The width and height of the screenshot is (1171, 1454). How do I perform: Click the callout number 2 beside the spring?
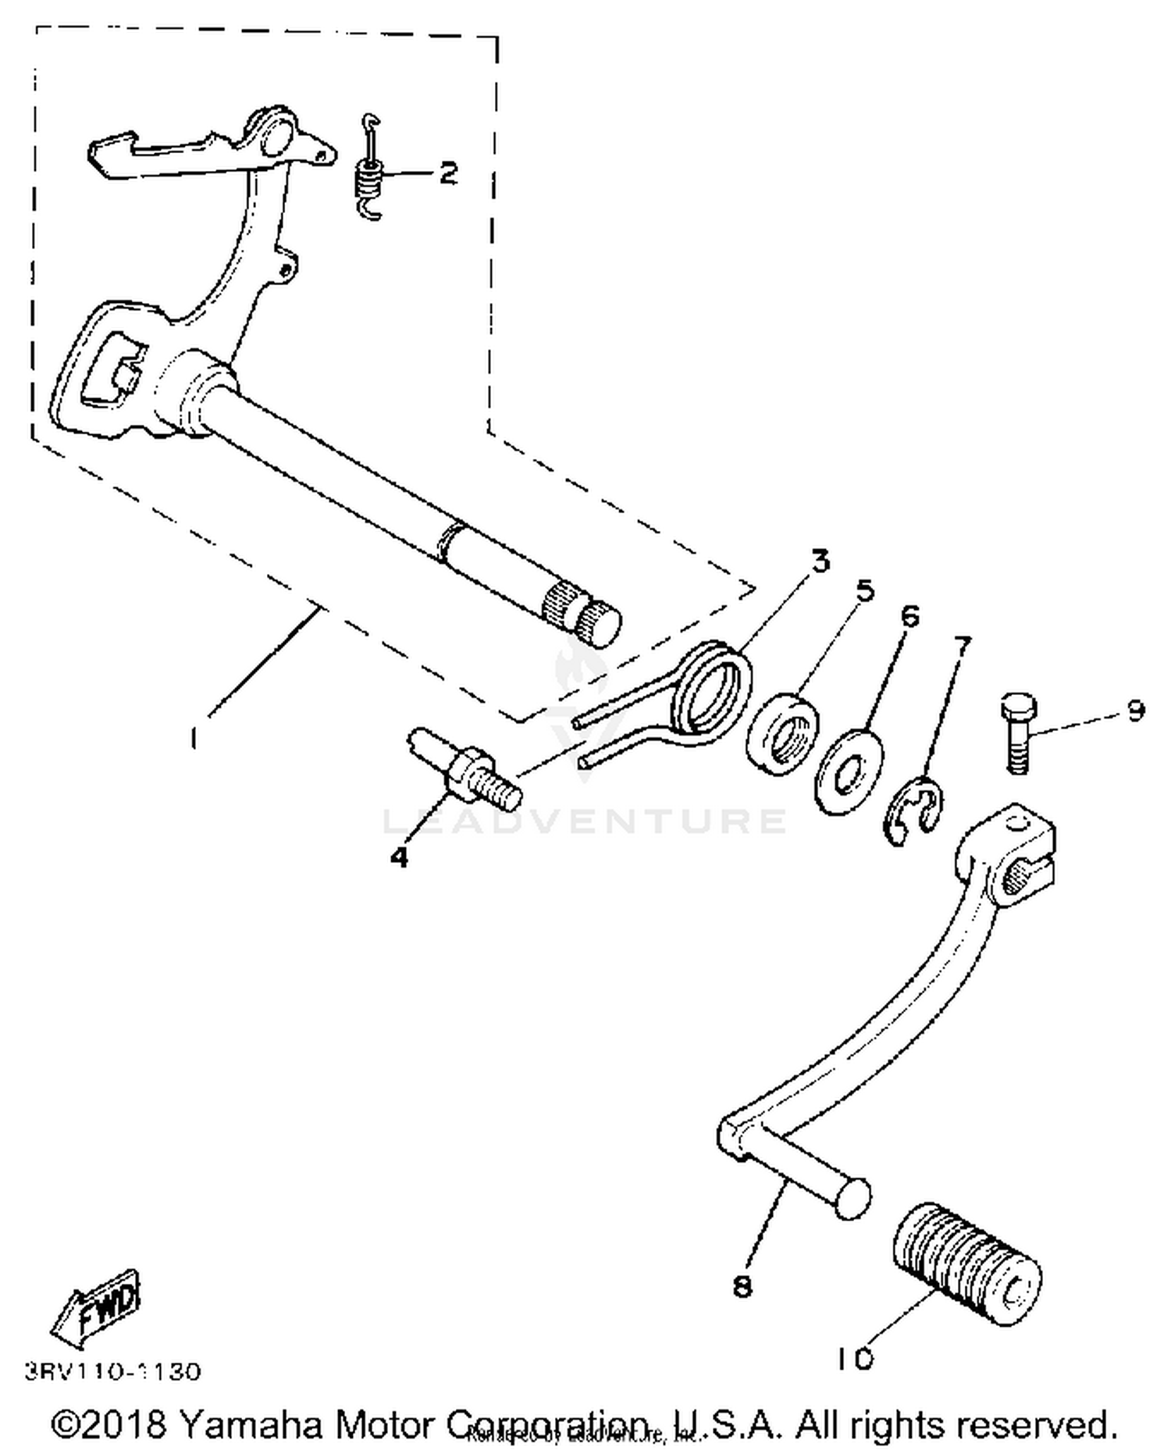[447, 173]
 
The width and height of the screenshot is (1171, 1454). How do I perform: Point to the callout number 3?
[820, 561]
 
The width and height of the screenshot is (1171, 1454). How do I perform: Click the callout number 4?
[399, 857]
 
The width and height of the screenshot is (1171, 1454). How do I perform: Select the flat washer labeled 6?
[850, 771]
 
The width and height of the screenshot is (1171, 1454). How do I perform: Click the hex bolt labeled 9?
[1017, 730]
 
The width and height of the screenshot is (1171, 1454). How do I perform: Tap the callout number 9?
[1135, 711]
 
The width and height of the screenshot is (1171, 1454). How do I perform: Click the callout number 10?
[855, 1360]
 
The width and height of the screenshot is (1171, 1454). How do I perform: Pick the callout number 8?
[742, 1286]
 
